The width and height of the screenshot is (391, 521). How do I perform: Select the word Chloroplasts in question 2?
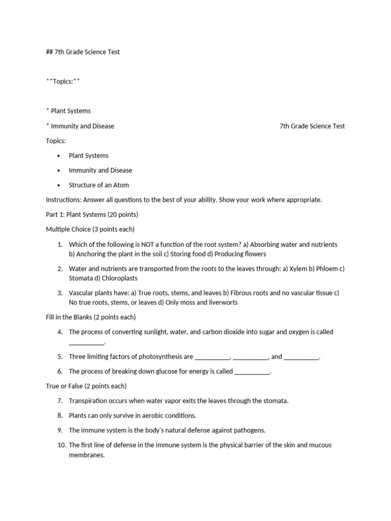click(120, 278)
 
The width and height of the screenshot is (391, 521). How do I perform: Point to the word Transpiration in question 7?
click(89, 400)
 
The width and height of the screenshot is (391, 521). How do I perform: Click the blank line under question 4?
click(87, 342)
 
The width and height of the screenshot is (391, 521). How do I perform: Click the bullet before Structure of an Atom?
click(59, 185)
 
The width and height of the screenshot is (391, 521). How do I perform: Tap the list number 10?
click(62, 445)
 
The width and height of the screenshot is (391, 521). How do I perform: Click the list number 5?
click(60, 357)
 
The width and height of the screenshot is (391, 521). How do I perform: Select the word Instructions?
click(64, 200)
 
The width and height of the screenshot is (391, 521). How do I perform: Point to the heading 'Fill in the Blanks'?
click(69, 317)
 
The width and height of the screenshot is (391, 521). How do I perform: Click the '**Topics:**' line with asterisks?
click(63, 81)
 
